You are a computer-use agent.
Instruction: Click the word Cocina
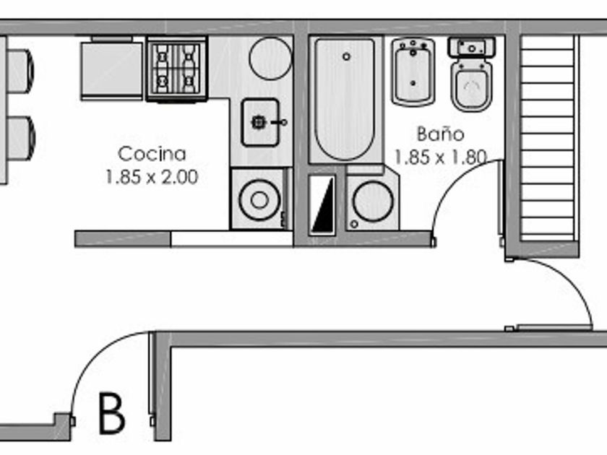point(152,154)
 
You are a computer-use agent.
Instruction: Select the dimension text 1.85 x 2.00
point(152,177)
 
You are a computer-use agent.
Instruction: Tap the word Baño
point(439,134)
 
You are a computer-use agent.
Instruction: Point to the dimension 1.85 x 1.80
point(439,157)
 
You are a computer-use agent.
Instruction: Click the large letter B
point(112,413)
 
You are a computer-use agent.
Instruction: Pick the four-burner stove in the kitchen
point(176,69)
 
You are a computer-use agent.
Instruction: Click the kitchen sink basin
point(259,122)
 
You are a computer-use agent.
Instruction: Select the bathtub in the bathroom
point(345,99)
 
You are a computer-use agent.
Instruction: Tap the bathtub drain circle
point(347,56)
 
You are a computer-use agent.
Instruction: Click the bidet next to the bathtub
point(413,71)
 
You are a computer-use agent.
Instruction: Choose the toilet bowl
point(471,86)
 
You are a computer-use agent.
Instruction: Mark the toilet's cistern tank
point(471,48)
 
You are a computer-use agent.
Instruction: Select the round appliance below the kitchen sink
point(259,199)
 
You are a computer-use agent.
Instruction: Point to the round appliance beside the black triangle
point(373,200)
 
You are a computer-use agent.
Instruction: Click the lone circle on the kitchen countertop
point(270,57)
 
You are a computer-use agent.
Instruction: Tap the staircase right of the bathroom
point(548,137)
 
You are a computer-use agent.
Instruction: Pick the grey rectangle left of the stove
point(112,69)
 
